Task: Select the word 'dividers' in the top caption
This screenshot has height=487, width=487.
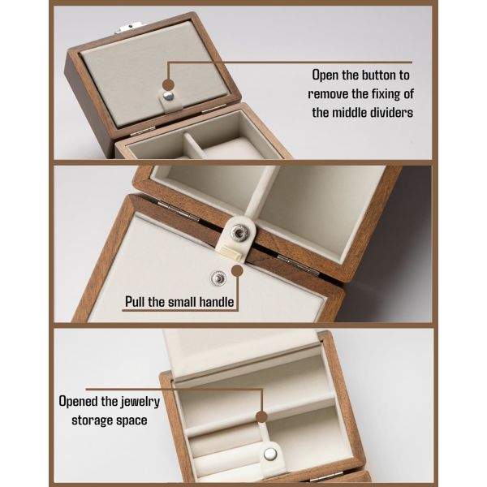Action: click(387, 113)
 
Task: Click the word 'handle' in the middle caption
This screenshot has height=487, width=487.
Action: click(214, 304)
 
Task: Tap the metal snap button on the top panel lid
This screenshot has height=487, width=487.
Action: click(167, 97)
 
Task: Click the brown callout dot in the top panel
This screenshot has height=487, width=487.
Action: click(168, 84)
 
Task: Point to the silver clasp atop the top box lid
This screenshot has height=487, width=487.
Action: click(127, 29)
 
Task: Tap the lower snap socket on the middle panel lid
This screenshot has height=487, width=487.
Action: click(218, 278)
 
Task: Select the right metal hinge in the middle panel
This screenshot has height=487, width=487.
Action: click(297, 264)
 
